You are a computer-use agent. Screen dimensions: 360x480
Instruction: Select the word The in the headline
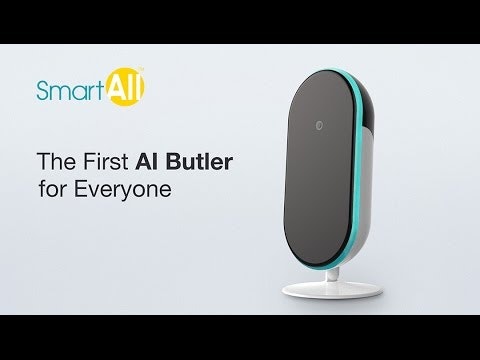click(56, 160)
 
